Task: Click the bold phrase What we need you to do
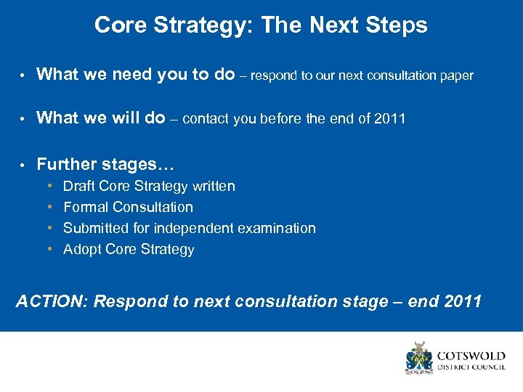point(135,74)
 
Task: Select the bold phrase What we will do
point(100,118)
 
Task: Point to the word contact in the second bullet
point(206,119)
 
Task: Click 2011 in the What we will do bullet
point(389,119)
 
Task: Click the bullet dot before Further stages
point(23,165)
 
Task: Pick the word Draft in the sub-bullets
point(79,187)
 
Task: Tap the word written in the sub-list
point(214,187)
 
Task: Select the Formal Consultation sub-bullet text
point(128,208)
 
